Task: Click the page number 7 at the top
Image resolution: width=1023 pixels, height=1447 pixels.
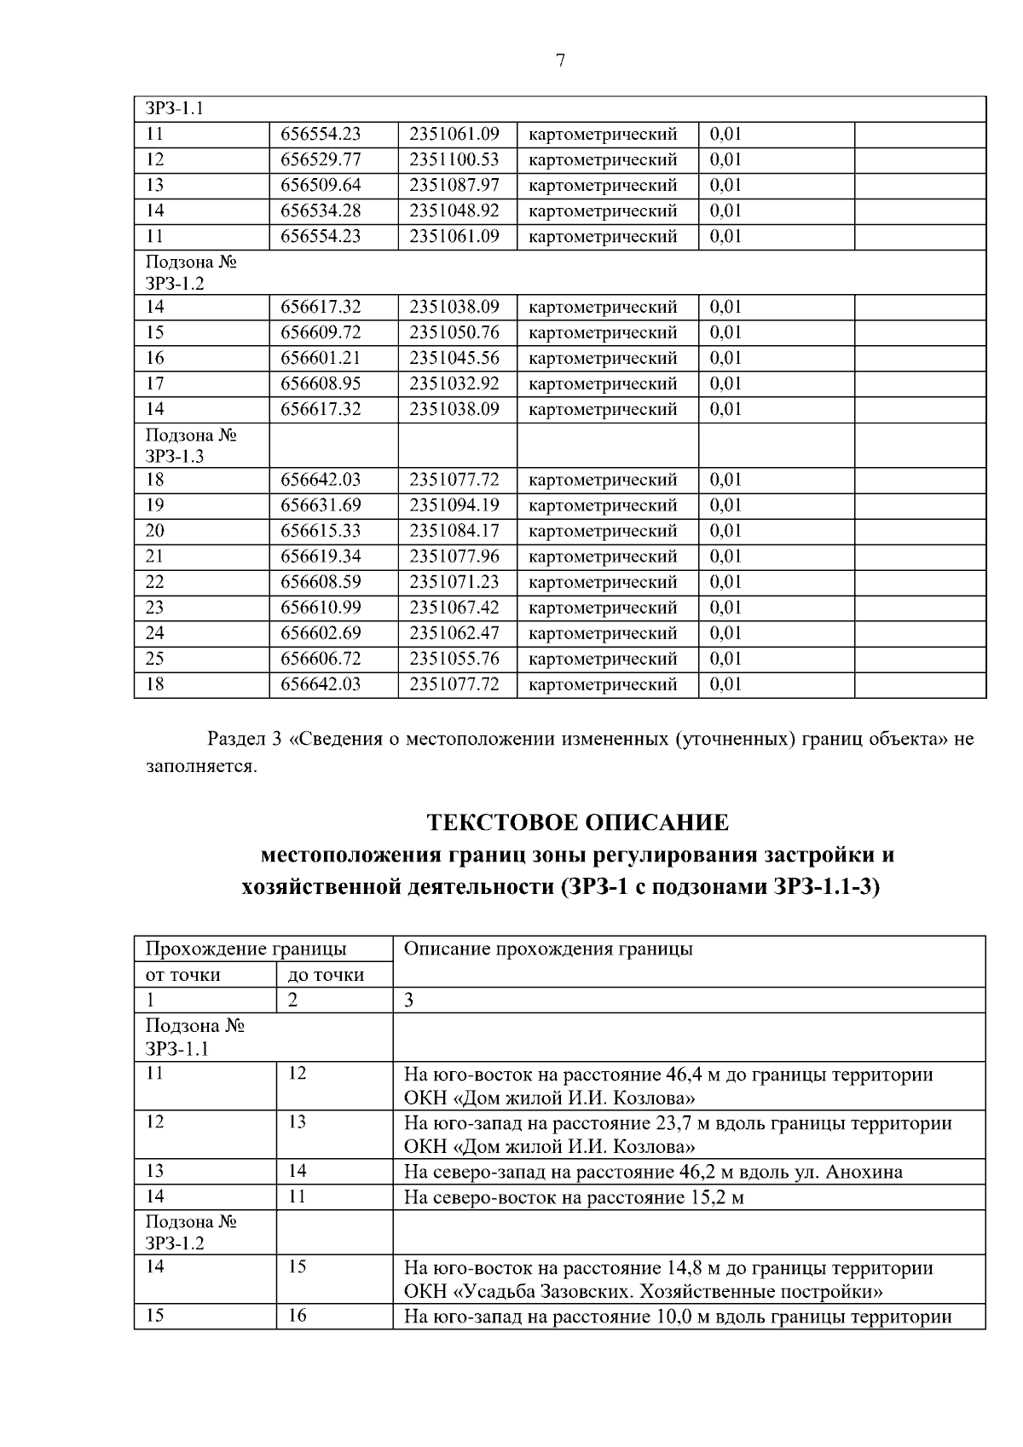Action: point(560,61)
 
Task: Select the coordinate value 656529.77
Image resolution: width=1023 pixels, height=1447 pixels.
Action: point(321,159)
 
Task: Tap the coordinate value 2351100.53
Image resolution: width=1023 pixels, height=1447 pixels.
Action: point(454,159)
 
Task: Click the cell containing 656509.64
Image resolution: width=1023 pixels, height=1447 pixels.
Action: point(321,185)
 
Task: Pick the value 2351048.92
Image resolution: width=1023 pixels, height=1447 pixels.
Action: point(454,210)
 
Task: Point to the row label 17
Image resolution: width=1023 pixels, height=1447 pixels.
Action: point(154,383)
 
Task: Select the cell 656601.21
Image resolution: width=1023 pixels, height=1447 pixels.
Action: point(321,358)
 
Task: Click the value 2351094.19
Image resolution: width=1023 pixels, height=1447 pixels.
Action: point(454,505)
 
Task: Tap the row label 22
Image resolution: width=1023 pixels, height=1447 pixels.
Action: point(154,582)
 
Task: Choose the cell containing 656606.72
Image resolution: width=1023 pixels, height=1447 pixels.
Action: point(321,659)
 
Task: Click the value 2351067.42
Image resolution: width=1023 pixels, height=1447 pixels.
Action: point(454,608)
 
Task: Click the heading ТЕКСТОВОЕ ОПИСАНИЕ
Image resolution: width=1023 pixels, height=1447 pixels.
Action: point(577,822)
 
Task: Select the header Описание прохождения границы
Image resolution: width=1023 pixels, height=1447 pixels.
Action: point(547,948)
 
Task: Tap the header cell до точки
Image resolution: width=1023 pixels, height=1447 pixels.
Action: point(326,975)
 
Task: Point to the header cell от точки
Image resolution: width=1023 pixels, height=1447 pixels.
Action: point(182,975)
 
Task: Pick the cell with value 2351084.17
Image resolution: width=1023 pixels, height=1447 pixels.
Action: point(454,531)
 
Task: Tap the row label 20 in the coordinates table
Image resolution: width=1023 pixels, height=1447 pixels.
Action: point(154,531)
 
